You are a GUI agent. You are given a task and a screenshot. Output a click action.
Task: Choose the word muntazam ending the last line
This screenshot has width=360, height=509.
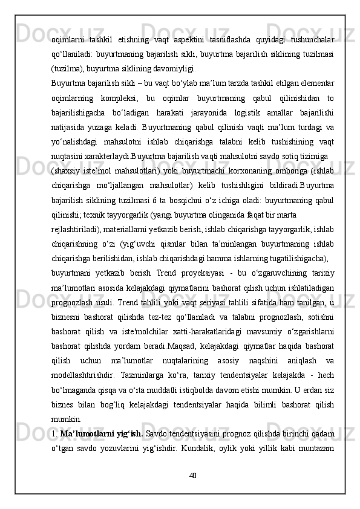click(315, 447)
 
